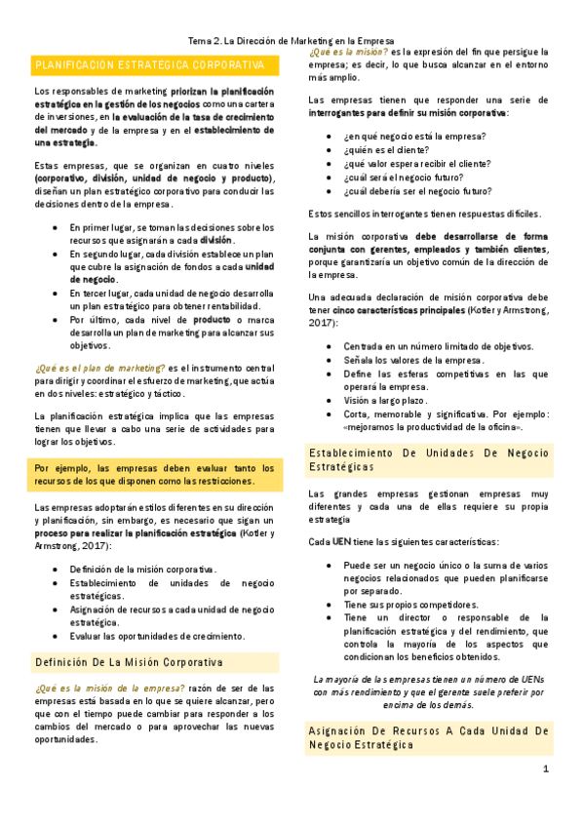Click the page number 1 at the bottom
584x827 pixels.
(x=546, y=769)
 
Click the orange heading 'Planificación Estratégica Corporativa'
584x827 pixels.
(x=149, y=64)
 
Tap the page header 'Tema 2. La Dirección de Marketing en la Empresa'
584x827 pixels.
(x=292, y=42)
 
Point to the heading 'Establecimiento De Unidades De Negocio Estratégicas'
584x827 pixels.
(x=429, y=460)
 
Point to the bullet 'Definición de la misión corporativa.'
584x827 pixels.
(x=142, y=570)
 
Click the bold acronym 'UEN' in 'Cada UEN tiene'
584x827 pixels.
(x=341, y=541)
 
